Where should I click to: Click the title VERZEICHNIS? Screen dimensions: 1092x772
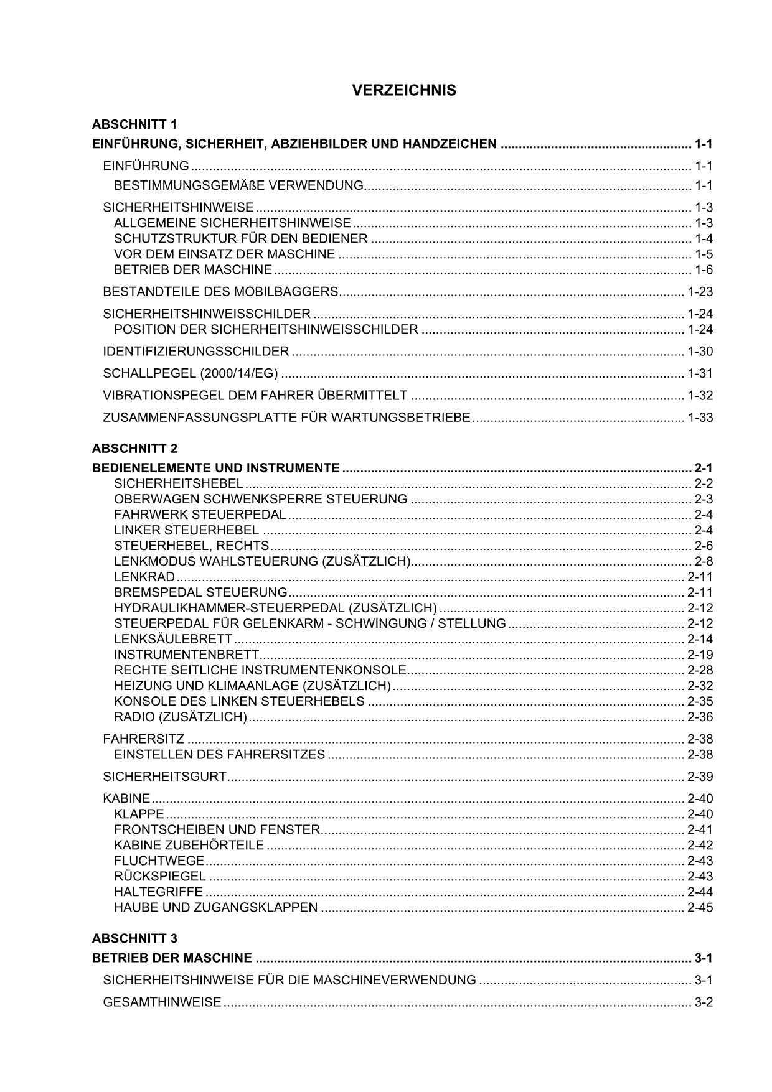click(403, 91)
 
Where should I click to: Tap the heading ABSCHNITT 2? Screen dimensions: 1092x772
click(134, 449)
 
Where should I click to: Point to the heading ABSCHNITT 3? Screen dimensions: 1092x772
click(134, 938)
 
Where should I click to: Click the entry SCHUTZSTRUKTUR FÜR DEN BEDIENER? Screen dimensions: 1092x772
click(240, 239)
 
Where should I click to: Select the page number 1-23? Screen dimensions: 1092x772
click(700, 292)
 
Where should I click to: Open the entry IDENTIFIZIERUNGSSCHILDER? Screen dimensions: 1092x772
click(195, 352)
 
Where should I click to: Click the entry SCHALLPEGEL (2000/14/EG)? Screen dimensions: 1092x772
click(190, 373)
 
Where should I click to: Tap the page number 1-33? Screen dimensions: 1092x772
click(700, 418)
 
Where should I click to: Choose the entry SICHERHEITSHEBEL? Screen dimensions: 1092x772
click(178, 483)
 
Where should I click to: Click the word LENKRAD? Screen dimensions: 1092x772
click(144, 577)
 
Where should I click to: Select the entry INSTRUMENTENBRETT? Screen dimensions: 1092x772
click(186, 655)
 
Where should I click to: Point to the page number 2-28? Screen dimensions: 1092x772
click(700, 670)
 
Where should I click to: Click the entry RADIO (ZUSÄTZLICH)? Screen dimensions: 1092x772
click(181, 717)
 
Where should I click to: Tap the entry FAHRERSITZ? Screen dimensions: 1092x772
click(143, 739)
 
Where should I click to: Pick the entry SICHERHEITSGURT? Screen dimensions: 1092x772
click(164, 777)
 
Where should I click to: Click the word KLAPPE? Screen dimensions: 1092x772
click(139, 814)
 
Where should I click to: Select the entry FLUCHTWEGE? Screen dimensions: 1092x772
click(159, 861)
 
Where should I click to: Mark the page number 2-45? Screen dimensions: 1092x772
click(700, 907)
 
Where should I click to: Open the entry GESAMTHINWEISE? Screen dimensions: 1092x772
click(162, 1002)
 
